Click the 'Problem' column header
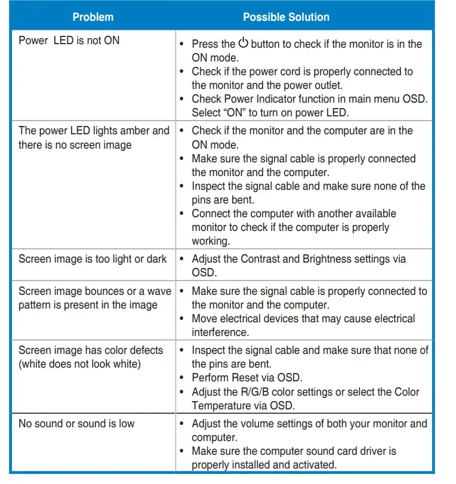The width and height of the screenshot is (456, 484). (x=93, y=17)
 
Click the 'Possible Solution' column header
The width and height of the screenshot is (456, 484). (x=286, y=17)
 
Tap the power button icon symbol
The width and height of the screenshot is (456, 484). (x=243, y=43)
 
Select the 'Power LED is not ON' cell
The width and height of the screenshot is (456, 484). (x=69, y=41)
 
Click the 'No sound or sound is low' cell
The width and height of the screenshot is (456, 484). (x=76, y=424)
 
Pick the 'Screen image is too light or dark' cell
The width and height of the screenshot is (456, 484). (x=93, y=259)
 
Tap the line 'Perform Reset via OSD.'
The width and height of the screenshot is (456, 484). (x=247, y=378)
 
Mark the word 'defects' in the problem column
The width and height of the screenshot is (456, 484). (x=143, y=350)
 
